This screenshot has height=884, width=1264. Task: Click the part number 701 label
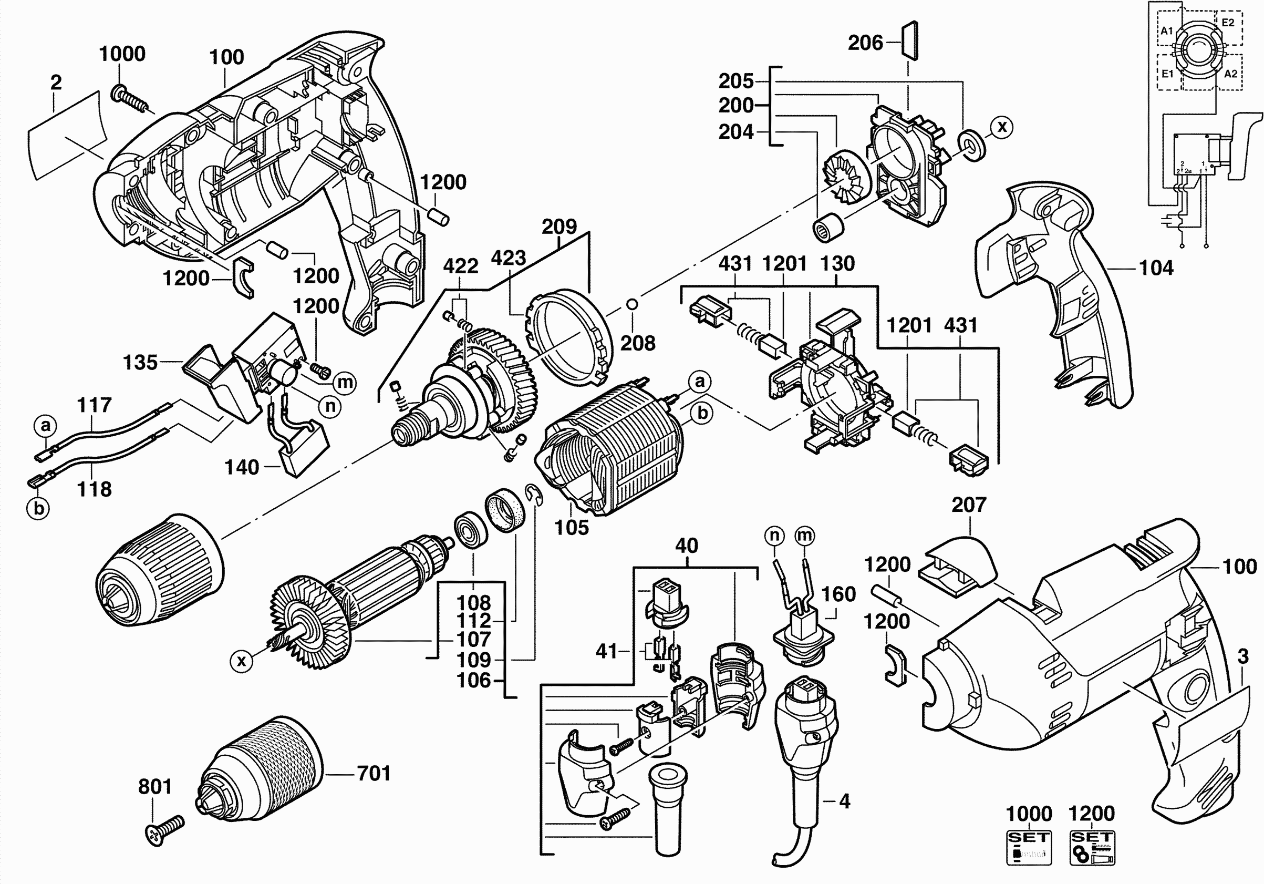pyautogui.click(x=374, y=773)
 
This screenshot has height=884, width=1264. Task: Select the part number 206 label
pyautogui.click(x=865, y=43)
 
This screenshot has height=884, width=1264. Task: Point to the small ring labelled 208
pyautogui.click(x=633, y=303)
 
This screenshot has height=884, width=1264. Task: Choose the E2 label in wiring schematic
pyautogui.click(x=1228, y=23)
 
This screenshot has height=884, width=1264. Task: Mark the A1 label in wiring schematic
pyautogui.click(x=1167, y=31)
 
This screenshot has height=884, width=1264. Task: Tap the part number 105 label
pyautogui.click(x=572, y=528)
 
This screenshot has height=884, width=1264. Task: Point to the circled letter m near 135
pyautogui.click(x=345, y=382)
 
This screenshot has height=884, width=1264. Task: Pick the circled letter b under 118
pyautogui.click(x=38, y=508)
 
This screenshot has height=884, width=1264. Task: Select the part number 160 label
pyautogui.click(x=838, y=594)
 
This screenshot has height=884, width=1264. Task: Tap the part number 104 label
pyautogui.click(x=1156, y=268)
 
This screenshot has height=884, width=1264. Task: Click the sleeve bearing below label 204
pyautogui.click(x=828, y=228)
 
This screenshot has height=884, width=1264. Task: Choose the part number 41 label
pyautogui.click(x=607, y=651)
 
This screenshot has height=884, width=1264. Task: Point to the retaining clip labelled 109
pyautogui.click(x=533, y=494)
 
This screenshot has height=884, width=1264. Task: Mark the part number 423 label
pyautogui.click(x=508, y=258)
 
